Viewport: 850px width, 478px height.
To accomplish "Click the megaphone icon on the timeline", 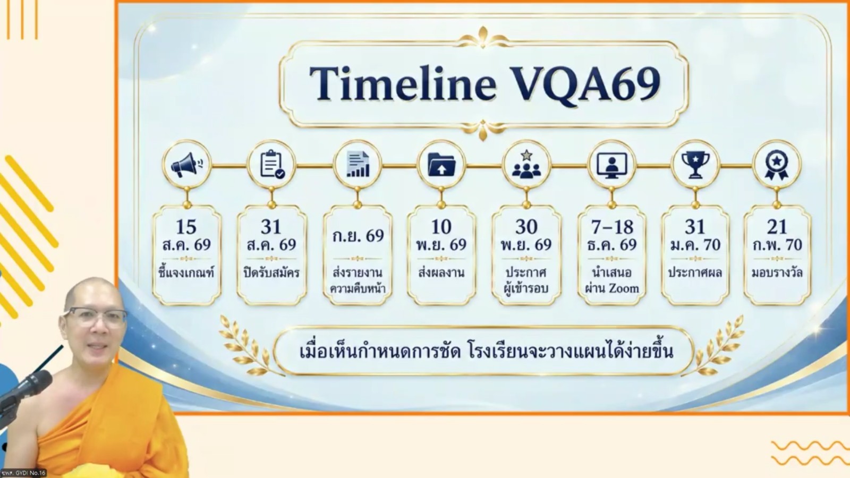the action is tap(186, 165).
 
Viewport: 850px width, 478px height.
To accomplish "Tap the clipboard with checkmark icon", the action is tap(272, 165).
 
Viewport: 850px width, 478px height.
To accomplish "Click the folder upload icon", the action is tap(441, 165).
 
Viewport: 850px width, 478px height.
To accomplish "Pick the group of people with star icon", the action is tap(526, 164).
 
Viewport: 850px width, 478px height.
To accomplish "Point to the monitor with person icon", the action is tap(611, 165).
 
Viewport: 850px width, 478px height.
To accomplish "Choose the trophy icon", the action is tap(695, 165).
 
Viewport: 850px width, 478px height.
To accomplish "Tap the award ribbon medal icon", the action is tap(776, 165).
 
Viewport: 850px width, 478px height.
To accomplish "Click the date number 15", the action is tap(186, 227).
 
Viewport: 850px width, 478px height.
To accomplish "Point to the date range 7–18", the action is tap(612, 227).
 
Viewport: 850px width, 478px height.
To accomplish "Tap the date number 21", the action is tap(777, 227).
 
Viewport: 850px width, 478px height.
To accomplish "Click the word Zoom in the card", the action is tap(624, 288).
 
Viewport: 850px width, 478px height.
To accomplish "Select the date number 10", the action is tap(441, 227).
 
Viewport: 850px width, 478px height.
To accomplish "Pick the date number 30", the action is tap(526, 227).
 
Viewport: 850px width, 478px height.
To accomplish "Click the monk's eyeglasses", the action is tap(96, 317).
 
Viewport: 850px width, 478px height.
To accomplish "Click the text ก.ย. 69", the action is tap(358, 236).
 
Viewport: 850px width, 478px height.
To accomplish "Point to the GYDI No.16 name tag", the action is tap(23, 473).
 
